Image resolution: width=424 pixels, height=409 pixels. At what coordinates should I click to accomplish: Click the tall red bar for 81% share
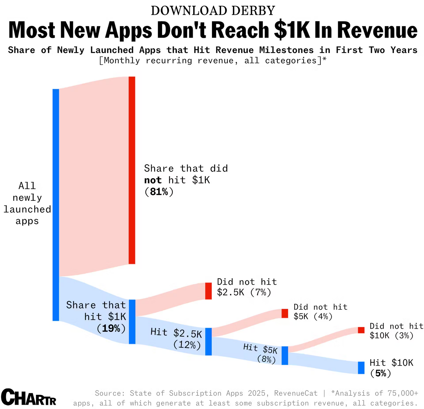click(132, 170)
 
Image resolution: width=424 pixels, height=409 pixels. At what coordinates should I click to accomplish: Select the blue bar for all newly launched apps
click(56, 205)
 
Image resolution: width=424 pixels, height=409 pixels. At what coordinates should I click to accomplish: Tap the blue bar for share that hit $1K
click(132, 322)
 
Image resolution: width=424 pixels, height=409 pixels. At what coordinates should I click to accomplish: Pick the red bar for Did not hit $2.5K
click(208, 291)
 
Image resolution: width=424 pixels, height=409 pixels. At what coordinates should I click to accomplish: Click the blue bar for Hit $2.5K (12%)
click(208, 342)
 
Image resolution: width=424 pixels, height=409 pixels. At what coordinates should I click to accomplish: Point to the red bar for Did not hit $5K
click(285, 313)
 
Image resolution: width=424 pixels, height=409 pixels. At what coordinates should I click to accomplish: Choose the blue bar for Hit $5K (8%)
click(285, 355)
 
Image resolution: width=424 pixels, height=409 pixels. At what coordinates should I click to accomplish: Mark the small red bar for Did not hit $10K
click(361, 330)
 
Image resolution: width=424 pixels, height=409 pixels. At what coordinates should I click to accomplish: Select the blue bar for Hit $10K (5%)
click(361, 368)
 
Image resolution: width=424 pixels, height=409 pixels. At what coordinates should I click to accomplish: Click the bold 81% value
click(159, 192)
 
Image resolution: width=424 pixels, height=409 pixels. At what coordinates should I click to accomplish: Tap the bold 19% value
click(111, 328)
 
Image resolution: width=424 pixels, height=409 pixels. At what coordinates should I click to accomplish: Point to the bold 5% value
click(381, 373)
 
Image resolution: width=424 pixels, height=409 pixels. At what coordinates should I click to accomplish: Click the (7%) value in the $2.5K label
click(261, 292)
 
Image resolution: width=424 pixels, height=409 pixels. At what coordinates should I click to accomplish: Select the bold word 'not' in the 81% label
click(153, 180)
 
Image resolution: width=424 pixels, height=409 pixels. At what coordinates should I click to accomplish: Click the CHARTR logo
click(29, 397)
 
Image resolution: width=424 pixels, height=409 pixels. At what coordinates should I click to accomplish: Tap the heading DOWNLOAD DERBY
click(213, 11)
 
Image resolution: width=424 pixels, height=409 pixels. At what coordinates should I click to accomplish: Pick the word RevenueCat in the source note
click(296, 393)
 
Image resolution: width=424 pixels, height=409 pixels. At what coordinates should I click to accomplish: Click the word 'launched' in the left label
click(27, 209)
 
